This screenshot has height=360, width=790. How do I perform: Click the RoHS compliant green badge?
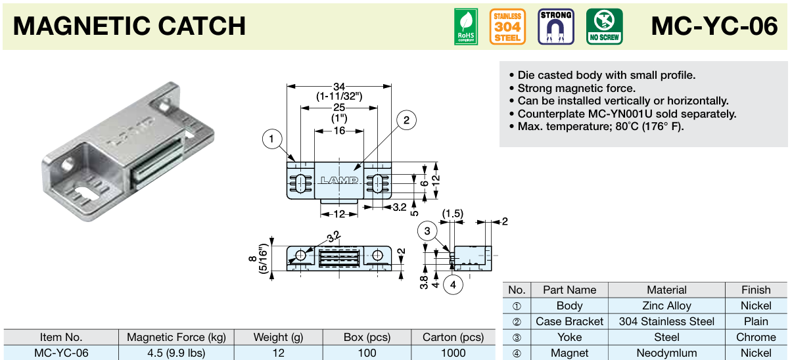click(x=466, y=27)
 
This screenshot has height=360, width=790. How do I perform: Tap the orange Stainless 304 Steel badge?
click(x=507, y=27)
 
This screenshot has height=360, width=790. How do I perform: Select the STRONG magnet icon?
click(x=555, y=27)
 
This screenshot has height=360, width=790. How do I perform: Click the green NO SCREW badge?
click(x=604, y=27)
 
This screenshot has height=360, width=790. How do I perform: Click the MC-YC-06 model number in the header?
click(x=714, y=26)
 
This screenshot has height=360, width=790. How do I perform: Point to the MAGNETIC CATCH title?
click(x=129, y=26)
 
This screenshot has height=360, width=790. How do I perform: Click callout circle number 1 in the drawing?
click(x=271, y=139)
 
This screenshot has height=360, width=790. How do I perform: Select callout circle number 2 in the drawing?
click(x=406, y=120)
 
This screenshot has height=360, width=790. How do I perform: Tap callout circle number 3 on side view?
click(x=427, y=231)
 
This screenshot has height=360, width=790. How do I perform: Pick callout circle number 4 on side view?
click(x=452, y=284)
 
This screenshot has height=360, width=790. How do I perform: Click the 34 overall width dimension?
click(x=339, y=87)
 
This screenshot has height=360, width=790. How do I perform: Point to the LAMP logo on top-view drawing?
click(x=338, y=180)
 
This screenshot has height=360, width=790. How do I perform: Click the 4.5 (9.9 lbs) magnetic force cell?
click(x=176, y=353)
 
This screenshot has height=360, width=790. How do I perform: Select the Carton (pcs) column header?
click(x=453, y=337)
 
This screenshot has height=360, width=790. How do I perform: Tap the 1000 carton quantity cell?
click(x=453, y=353)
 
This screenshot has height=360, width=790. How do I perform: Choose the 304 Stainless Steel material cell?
click(x=666, y=321)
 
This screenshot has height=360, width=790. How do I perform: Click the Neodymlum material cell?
click(x=666, y=353)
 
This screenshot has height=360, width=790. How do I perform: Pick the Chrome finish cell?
click(x=756, y=337)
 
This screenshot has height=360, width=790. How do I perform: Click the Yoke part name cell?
click(x=569, y=337)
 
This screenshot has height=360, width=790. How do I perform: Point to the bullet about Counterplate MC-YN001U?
click(x=626, y=114)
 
